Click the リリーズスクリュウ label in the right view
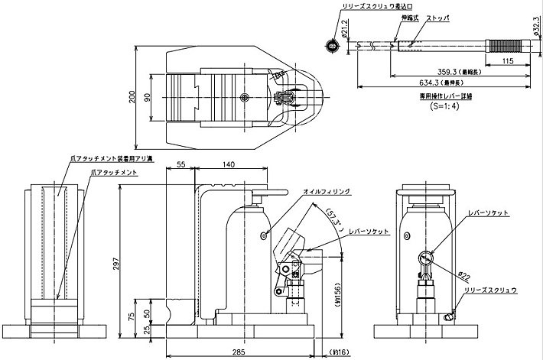(497, 290)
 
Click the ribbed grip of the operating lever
(503, 47)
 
